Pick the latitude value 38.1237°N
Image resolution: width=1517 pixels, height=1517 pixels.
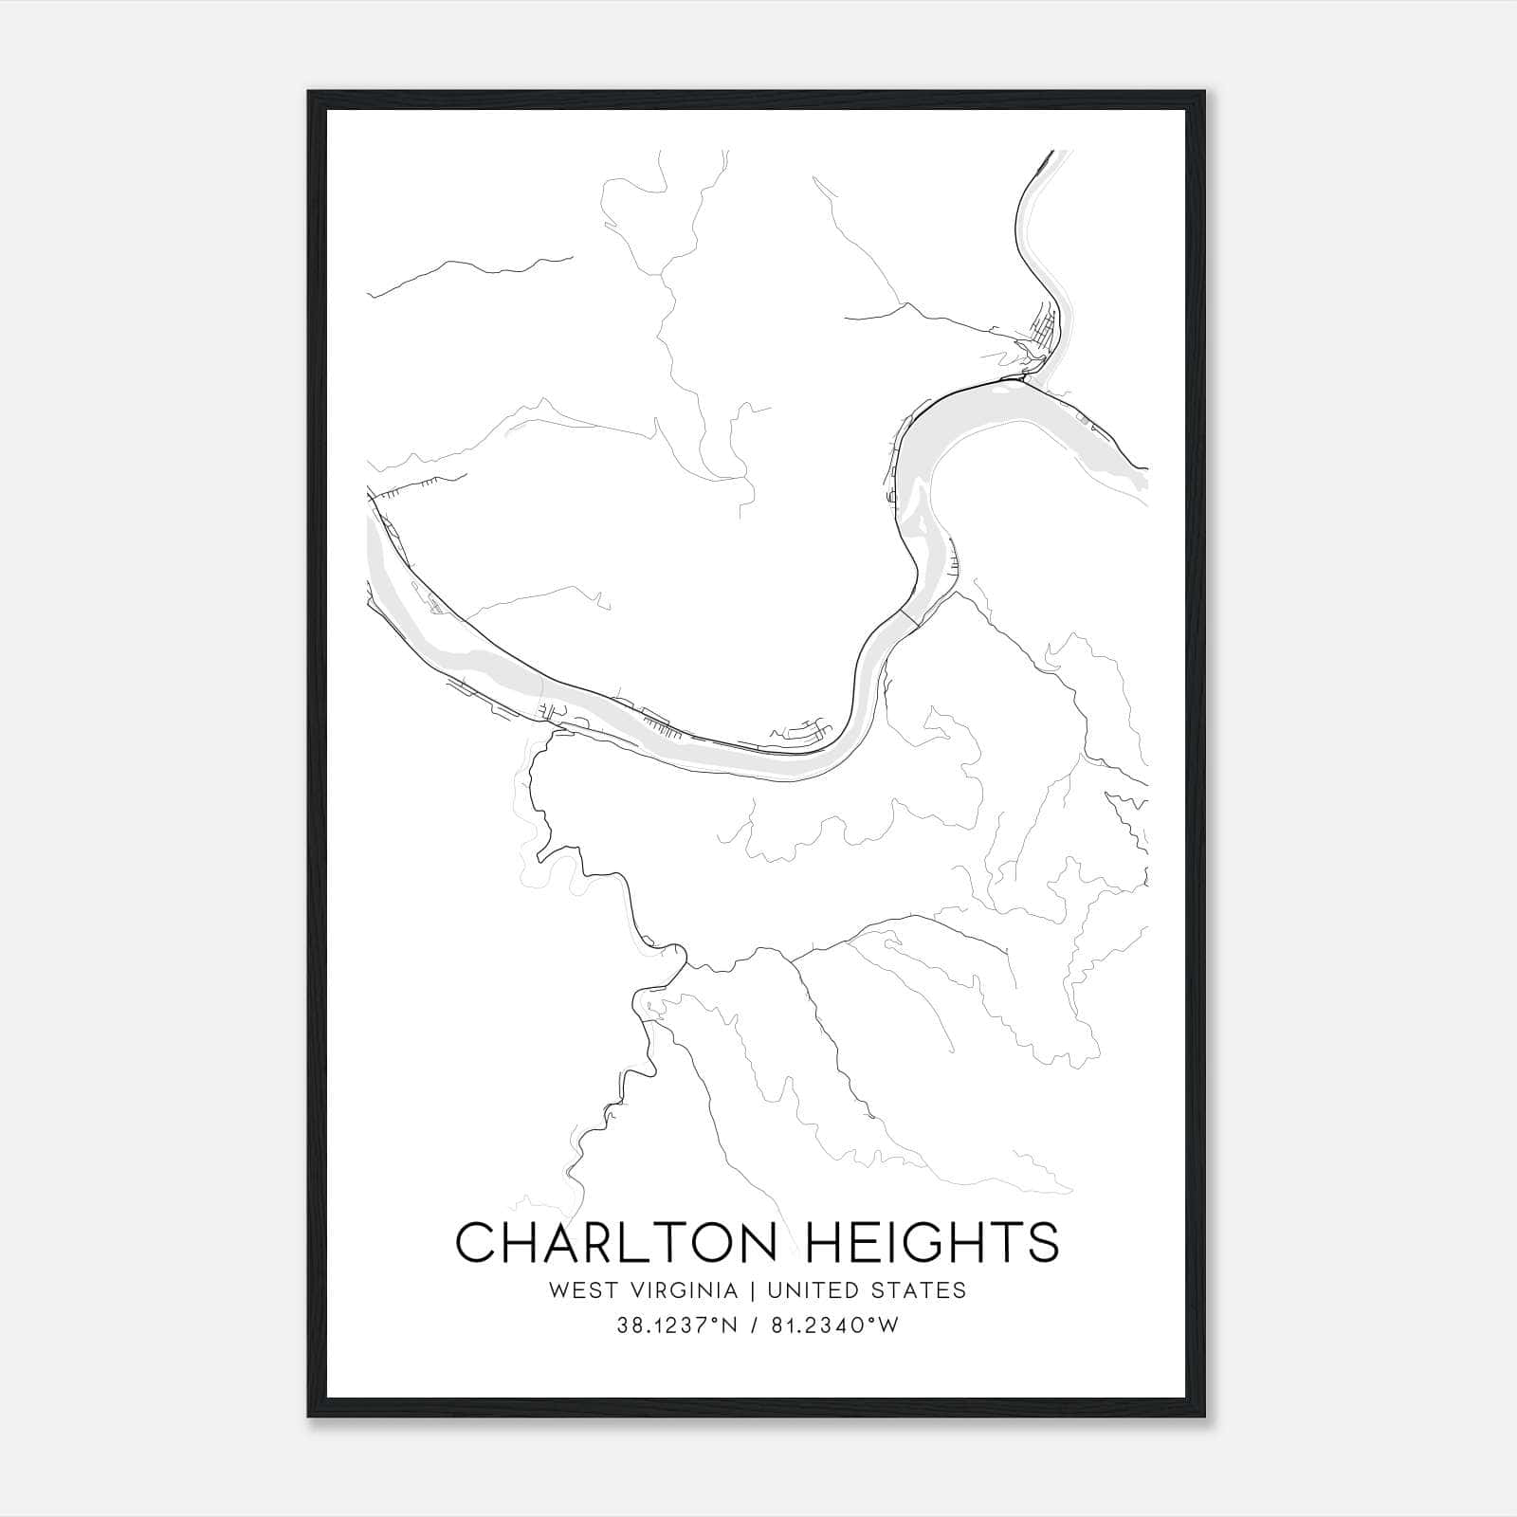coord(675,1326)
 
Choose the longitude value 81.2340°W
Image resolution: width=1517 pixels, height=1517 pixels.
coord(832,1326)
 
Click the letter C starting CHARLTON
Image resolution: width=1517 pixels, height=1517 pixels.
coord(477,1242)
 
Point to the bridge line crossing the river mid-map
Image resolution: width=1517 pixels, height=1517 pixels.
coord(910,617)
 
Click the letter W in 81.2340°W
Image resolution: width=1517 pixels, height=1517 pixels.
coord(890,1326)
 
